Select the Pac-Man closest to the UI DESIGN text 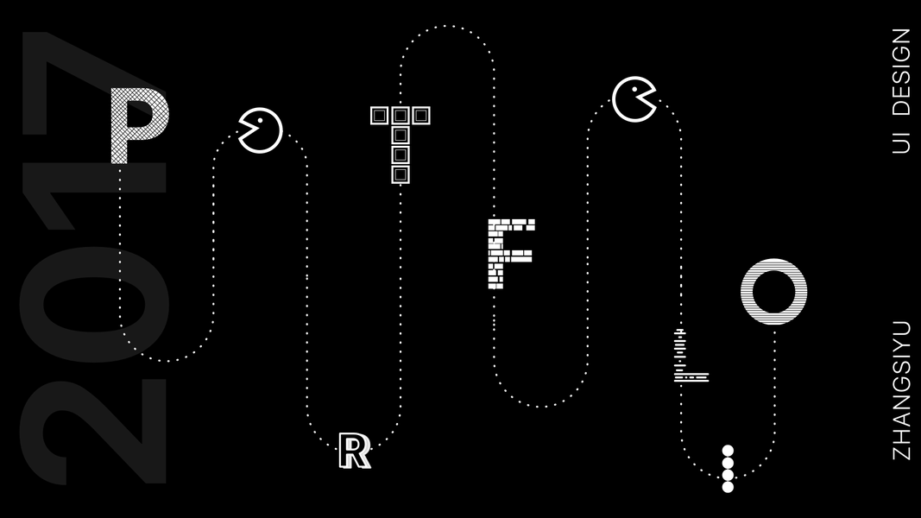[634, 99]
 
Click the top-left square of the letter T [380, 115]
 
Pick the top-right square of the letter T [420, 115]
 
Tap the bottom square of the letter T [400, 174]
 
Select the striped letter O [773, 291]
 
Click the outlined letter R [354, 451]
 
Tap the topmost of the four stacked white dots [728, 451]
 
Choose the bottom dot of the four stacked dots [728, 487]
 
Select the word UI [901, 141]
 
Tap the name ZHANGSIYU [901, 389]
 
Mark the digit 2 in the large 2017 [95, 432]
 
